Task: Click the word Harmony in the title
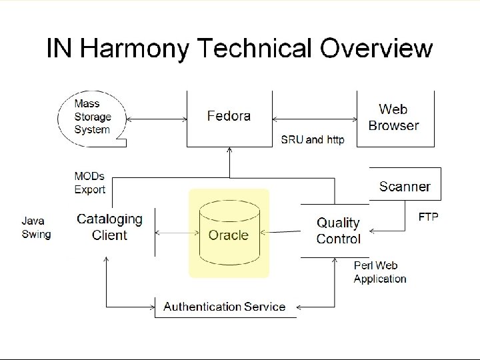134,49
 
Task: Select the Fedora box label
229,116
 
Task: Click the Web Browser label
393,117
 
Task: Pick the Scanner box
405,187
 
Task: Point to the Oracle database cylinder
228,234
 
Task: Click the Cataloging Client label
109,227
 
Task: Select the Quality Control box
338,230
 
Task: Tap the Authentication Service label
225,307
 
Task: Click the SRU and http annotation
313,140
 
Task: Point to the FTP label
427,218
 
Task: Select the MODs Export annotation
89,183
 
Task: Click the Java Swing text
36,227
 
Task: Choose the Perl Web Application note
380,273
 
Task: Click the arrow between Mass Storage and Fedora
156,120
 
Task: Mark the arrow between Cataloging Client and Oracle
176,233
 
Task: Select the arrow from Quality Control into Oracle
280,233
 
